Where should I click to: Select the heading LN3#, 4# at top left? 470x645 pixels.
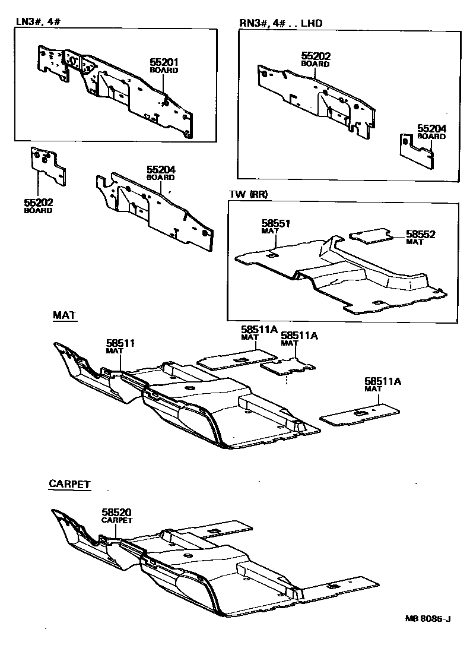coord(38,21)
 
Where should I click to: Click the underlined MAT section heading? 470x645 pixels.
coord(64,315)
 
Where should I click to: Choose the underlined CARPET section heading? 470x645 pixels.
coord(69,485)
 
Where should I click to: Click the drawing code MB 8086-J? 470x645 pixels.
coord(428,619)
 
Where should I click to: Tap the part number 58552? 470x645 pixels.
coord(421,234)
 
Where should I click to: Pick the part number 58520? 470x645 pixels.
coord(116,512)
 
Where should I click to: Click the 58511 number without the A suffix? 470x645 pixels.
coord(120,343)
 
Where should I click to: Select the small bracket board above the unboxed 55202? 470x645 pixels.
coord(47,165)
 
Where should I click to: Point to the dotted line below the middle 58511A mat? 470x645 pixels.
coord(288,379)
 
